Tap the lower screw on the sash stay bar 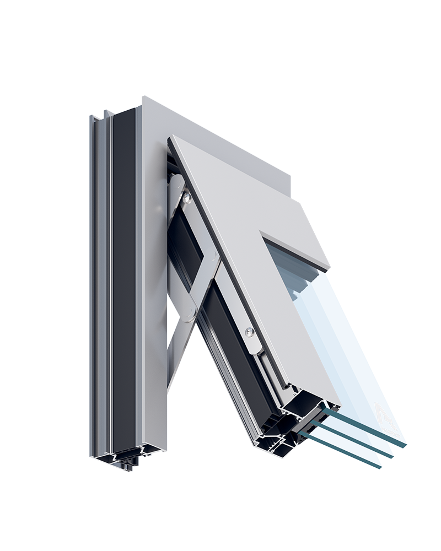[x=249, y=332]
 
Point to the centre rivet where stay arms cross [x=216, y=259]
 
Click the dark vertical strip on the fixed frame [x=123, y=275]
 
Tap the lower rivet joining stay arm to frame [x=190, y=315]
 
